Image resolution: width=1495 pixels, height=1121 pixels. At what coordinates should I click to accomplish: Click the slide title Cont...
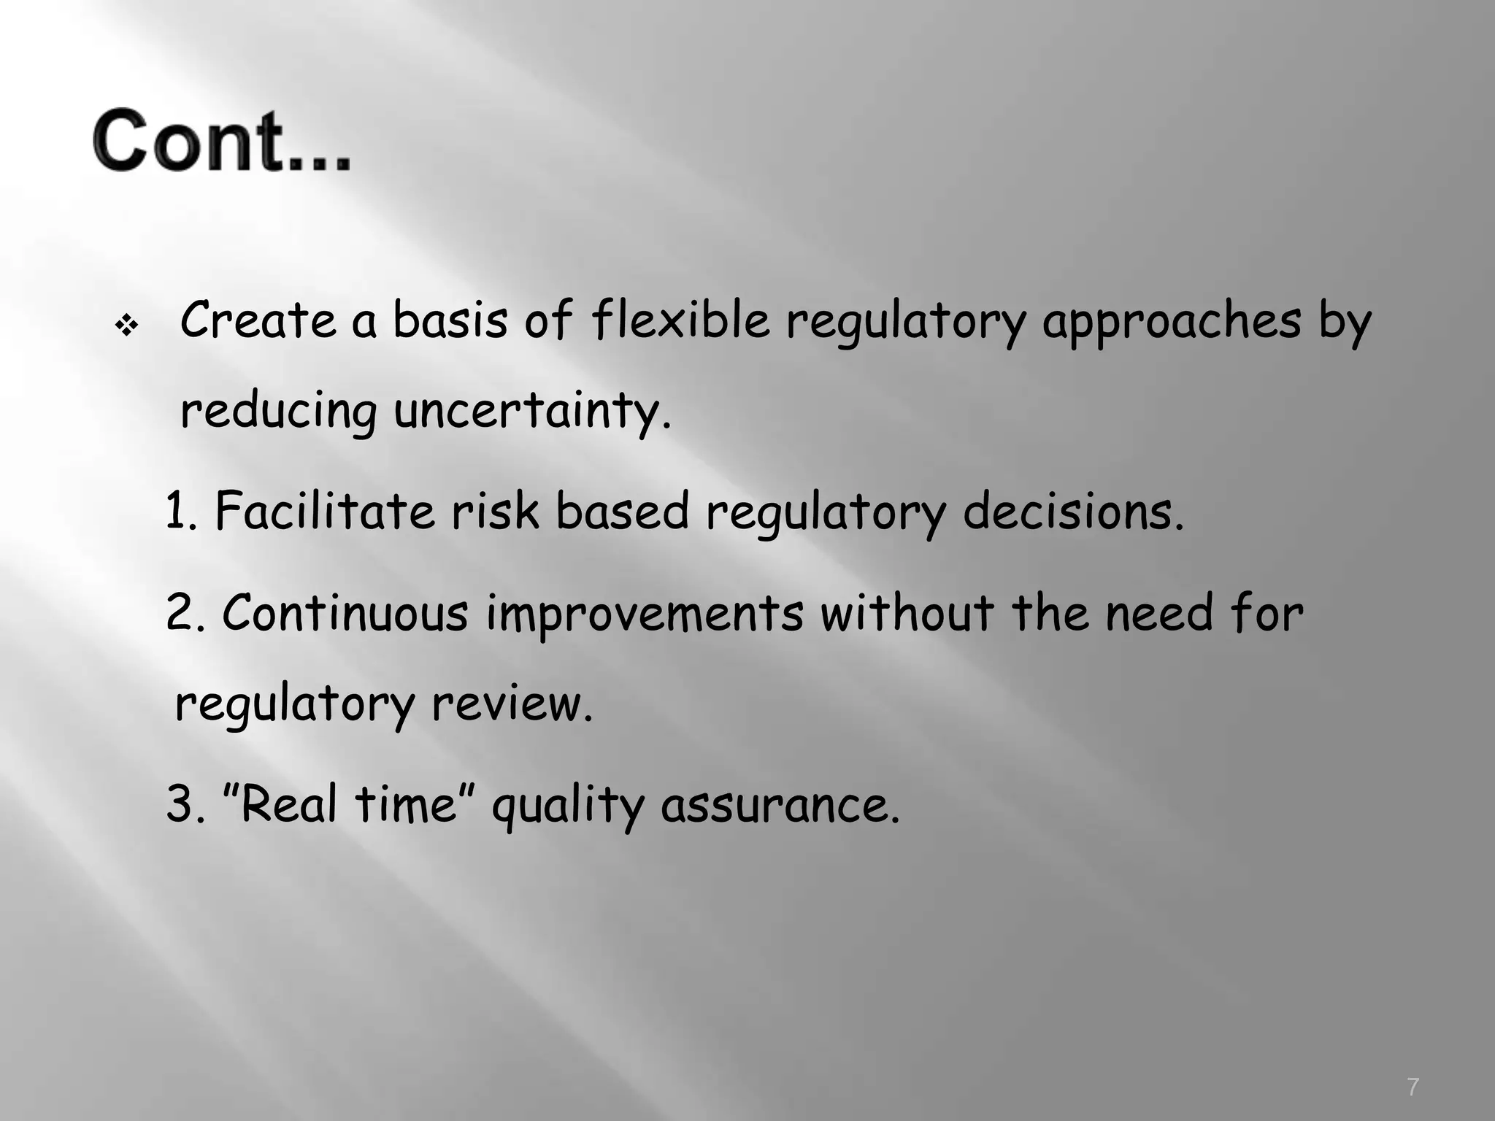pos(221,140)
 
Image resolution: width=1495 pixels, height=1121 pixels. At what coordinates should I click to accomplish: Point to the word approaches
pos(1171,321)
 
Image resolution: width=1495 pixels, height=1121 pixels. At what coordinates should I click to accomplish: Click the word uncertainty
pos(531,411)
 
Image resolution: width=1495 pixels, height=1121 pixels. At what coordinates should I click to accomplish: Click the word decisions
pos(1072,512)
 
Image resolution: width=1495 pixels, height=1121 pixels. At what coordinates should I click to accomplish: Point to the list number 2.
pos(180,612)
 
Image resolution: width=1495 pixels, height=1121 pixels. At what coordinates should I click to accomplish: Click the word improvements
pos(645,614)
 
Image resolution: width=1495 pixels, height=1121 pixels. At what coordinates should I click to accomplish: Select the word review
pos(512,704)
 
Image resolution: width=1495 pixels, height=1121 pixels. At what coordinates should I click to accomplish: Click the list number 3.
pos(180,805)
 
